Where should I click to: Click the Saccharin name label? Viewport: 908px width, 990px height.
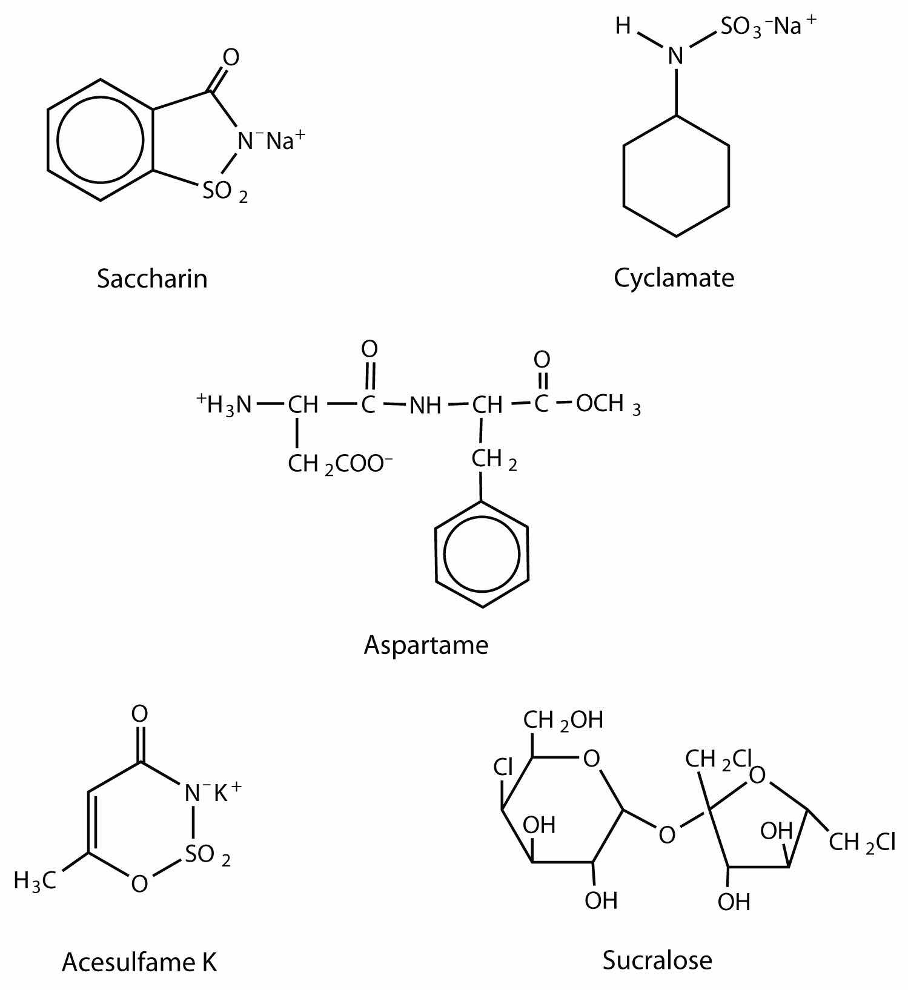[x=152, y=279]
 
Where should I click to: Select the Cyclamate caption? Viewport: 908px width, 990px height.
[x=674, y=278]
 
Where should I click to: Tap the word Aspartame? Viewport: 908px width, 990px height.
[x=426, y=645]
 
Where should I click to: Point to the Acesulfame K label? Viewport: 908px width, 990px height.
[x=139, y=962]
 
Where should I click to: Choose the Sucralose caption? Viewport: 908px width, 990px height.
[x=657, y=960]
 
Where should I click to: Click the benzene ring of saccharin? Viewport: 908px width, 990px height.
[x=100, y=139]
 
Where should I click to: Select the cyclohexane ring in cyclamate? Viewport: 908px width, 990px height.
[x=676, y=176]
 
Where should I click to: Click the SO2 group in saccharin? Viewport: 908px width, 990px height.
[x=224, y=192]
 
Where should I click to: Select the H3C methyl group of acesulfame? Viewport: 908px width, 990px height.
[x=35, y=880]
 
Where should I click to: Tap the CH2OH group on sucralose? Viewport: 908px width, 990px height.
[x=563, y=720]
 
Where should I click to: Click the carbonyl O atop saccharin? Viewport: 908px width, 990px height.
[x=231, y=58]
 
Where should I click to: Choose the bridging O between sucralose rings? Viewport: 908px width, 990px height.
[x=666, y=835]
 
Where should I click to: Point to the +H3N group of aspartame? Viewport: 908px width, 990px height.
[x=224, y=404]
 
